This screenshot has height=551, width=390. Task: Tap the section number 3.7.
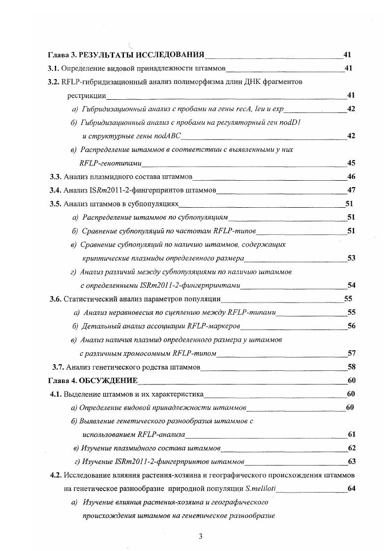(58, 366)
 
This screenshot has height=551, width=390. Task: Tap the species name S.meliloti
(253, 489)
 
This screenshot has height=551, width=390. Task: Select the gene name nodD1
(290, 122)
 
